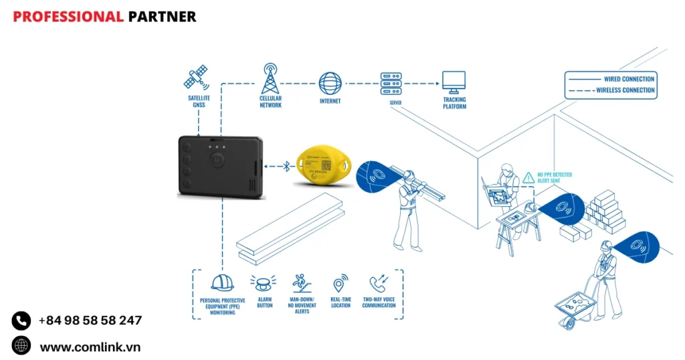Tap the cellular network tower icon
click(x=270, y=79)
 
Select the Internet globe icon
click(x=330, y=84)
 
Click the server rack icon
click(x=391, y=83)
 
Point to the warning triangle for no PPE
click(x=528, y=177)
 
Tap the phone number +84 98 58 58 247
click(x=90, y=321)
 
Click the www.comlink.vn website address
click(x=90, y=347)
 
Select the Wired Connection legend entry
click(x=610, y=79)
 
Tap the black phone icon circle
click(x=21, y=321)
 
